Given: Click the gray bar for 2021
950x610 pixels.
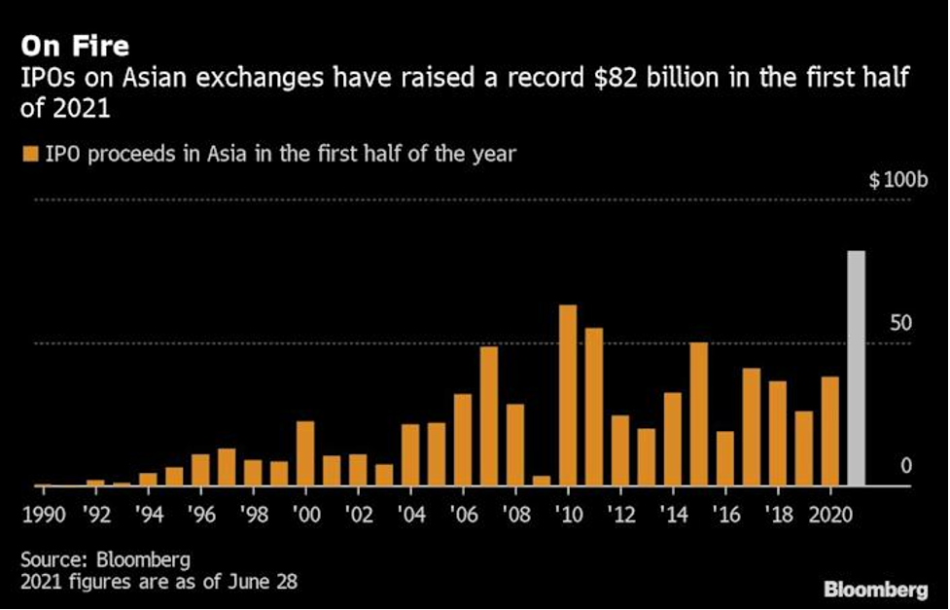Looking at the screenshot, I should click(x=856, y=368).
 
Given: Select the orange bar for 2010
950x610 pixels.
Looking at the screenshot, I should click(x=568, y=395).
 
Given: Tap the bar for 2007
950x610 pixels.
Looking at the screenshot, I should click(x=489, y=415).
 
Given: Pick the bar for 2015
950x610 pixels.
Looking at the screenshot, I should click(x=698, y=413).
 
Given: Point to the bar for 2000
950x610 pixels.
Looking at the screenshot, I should click(x=305, y=452).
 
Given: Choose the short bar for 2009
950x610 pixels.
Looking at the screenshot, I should click(x=542, y=480).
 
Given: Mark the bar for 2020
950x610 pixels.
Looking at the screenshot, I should click(x=829, y=430).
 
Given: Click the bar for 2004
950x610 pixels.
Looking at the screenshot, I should click(x=410, y=454).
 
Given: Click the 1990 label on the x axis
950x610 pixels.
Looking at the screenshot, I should click(x=43, y=513).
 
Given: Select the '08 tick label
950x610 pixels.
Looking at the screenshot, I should click(x=515, y=513).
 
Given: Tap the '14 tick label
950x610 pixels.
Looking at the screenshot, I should click(x=672, y=513).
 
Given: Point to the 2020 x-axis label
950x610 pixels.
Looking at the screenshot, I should click(x=829, y=513).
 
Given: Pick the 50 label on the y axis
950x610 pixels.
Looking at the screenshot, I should click(x=902, y=323).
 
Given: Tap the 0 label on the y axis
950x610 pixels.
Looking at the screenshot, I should click(x=906, y=466).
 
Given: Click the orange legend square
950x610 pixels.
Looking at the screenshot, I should click(x=28, y=154).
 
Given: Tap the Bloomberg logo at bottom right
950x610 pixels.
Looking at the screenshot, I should click(x=876, y=590).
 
